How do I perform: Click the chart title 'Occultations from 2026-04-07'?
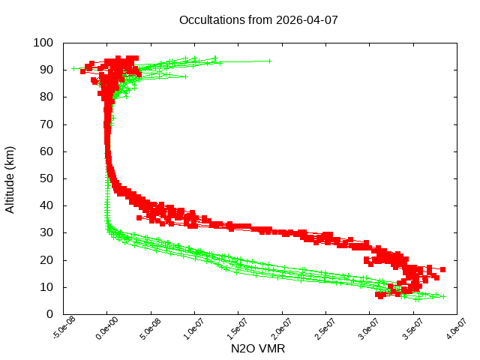click(259, 19)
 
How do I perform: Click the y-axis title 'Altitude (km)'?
click(10, 178)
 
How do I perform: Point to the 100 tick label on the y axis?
click(43, 43)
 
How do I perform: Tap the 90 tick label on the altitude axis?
click(46, 70)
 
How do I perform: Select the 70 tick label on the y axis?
click(46, 124)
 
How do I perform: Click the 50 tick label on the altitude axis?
click(46, 178)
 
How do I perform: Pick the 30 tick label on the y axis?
click(46, 232)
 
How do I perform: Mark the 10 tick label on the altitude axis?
click(46, 287)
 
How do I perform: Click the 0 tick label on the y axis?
click(49, 314)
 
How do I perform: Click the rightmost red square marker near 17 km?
click(442, 269)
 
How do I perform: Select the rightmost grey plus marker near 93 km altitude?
click(270, 61)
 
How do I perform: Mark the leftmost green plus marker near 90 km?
click(73, 68)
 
